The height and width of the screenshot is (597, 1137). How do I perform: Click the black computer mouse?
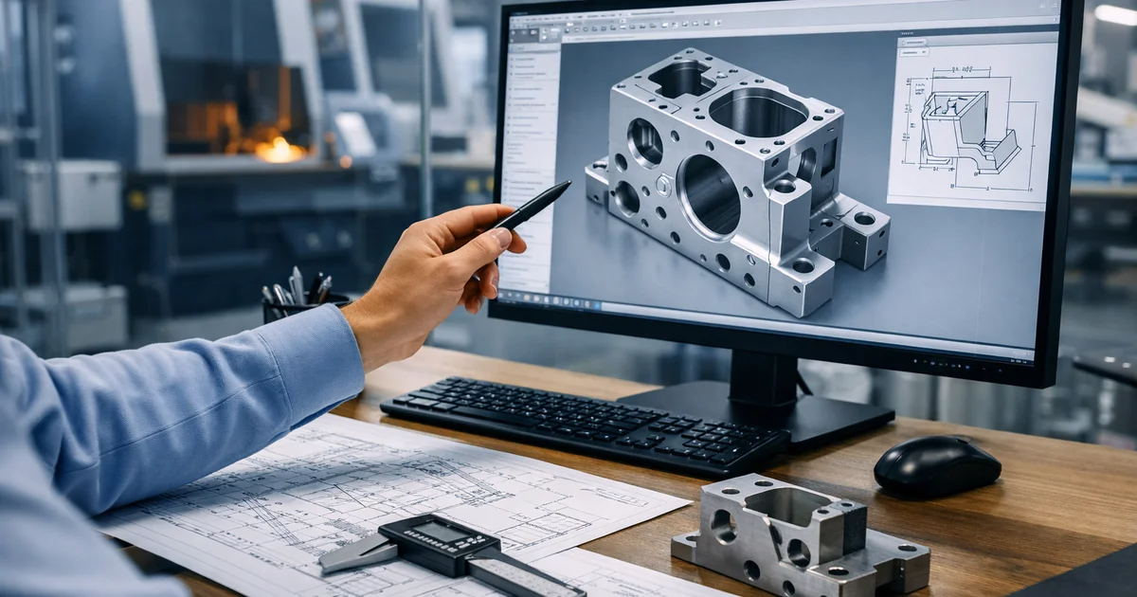click(x=936, y=465)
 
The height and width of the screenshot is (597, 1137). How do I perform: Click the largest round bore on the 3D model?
click(x=709, y=195)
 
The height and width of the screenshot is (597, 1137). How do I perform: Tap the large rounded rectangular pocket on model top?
click(x=758, y=113)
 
